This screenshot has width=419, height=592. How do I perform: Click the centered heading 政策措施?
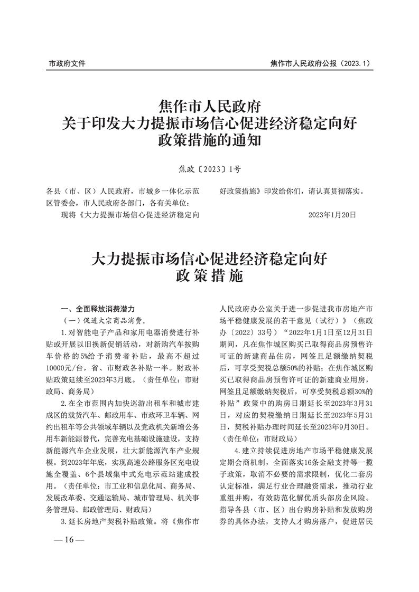tap(209, 275)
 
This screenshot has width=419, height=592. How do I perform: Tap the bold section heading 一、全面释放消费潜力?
tap(98, 308)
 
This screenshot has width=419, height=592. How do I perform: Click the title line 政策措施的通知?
tap(209, 141)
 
